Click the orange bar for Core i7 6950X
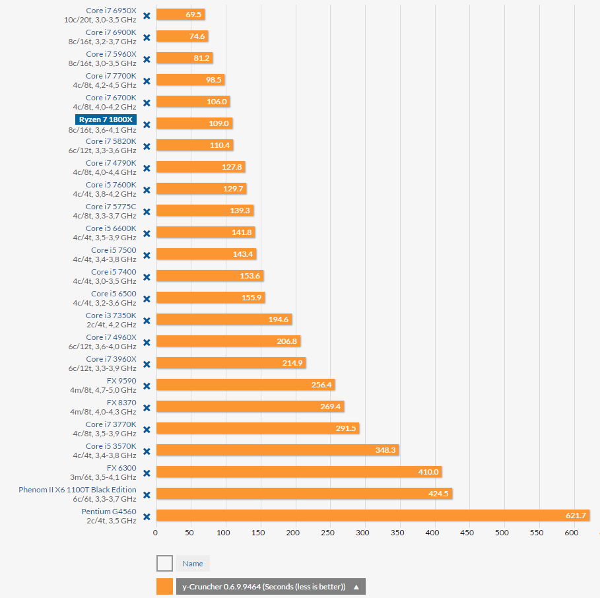click(x=180, y=15)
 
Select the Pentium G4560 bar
click(x=372, y=515)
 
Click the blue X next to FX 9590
click(x=147, y=385)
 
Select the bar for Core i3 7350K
click(x=224, y=319)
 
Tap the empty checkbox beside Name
click(x=164, y=563)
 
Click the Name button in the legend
click(x=193, y=564)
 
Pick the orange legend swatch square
click(x=164, y=586)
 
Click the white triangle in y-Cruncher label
click(x=356, y=587)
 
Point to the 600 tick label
click(x=572, y=532)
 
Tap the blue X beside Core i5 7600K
click(x=147, y=189)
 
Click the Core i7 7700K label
click(x=111, y=76)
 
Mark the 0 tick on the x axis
click(x=156, y=532)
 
